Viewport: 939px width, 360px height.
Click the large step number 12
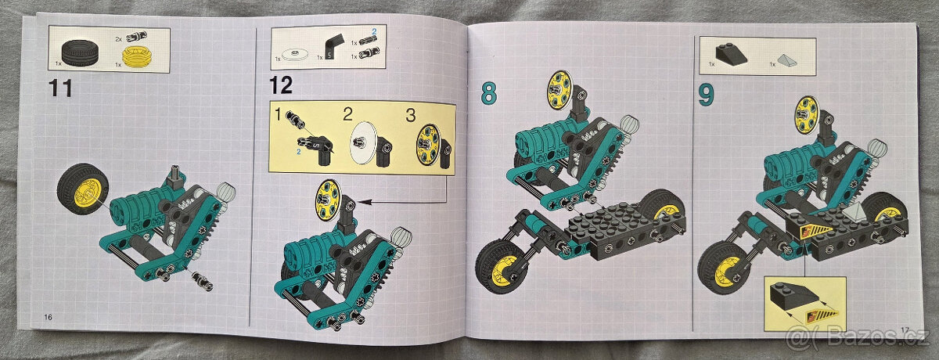tap(281, 85)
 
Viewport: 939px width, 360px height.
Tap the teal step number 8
tap(487, 94)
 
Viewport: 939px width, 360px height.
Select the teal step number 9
tap(707, 95)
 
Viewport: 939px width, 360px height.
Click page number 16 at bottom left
tap(49, 316)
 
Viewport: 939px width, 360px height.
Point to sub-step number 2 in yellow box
tap(347, 115)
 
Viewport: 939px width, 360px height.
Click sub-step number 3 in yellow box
tap(409, 115)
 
